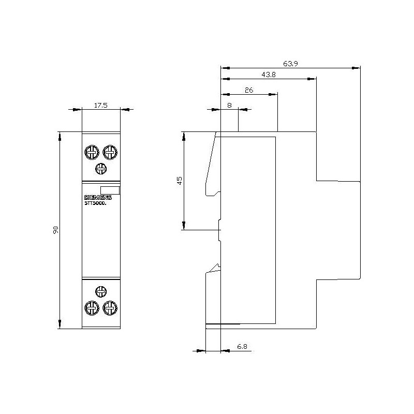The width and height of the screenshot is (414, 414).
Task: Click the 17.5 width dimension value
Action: pos(100,105)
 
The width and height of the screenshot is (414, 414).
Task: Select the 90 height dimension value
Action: pos(55,230)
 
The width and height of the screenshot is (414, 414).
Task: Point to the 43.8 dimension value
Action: pos(268,75)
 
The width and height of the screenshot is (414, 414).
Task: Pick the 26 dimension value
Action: pos(249,90)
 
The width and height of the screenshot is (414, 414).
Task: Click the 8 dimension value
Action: pos(229,105)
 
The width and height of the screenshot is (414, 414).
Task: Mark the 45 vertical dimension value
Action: pos(179,181)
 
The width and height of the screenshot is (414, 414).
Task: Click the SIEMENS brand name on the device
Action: pos(98,198)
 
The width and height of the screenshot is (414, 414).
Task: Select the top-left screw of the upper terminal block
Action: pos(92,152)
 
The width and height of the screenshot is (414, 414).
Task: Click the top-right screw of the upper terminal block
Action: pos(109,152)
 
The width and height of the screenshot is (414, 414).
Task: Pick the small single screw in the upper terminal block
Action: pos(101,168)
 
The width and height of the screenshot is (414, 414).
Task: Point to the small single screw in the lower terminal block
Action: pos(101,291)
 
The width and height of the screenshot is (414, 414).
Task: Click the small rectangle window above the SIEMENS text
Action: pos(110,190)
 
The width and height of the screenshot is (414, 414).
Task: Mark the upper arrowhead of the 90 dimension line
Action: pos(60,135)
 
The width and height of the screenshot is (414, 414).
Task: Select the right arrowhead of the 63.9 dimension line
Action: pos(357,67)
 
